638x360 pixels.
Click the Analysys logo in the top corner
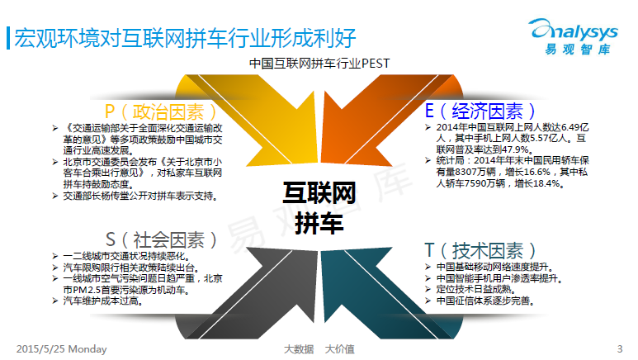(x=574, y=36)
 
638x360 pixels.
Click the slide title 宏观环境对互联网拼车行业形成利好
(x=185, y=38)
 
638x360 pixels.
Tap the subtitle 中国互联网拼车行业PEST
(x=319, y=64)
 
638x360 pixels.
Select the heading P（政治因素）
(x=161, y=111)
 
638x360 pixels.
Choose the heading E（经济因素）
(x=480, y=111)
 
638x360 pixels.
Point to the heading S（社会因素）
(x=161, y=239)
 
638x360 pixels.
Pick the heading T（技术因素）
(x=480, y=250)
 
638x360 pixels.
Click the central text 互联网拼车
(x=319, y=208)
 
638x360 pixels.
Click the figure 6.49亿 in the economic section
(x=575, y=127)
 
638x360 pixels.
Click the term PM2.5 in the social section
(x=87, y=290)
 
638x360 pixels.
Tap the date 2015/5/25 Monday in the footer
(x=61, y=349)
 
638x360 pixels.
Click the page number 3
(x=620, y=349)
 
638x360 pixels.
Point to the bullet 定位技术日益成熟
(x=475, y=290)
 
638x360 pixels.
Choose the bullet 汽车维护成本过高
(x=102, y=301)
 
